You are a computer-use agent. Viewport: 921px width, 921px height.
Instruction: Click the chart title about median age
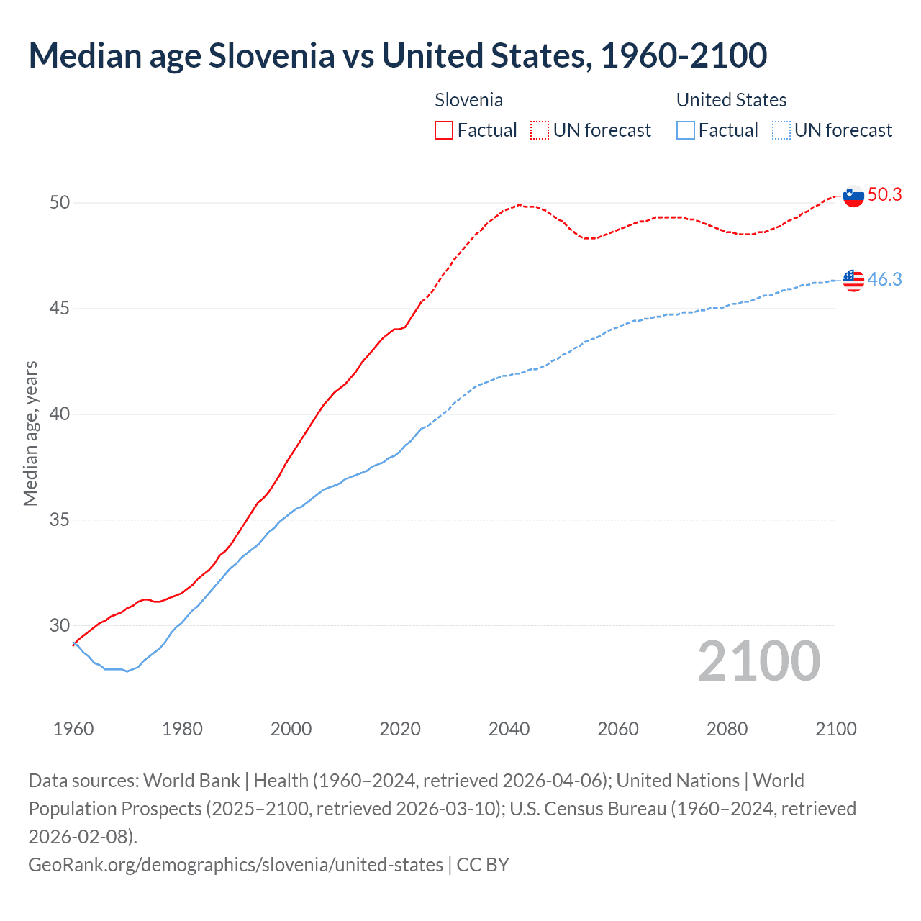397,55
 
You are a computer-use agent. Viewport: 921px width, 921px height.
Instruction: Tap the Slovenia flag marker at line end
853,196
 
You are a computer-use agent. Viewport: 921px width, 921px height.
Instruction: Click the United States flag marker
853,280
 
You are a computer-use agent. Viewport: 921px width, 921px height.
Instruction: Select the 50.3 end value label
884,194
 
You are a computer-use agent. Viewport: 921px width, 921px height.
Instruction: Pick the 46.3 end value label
884,279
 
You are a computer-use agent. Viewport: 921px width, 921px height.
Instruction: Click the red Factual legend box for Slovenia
444,130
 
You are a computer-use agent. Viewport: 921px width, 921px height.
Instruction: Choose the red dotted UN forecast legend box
540,130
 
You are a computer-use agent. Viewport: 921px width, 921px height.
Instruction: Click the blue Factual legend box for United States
686,130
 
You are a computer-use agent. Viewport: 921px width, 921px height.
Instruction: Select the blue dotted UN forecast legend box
781,130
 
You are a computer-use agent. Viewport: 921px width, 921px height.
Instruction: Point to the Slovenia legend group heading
468,100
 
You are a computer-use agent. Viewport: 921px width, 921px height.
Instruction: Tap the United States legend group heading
731,100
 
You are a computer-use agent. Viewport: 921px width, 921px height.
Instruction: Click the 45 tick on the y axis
60,309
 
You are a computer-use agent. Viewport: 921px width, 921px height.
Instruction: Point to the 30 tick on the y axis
60,625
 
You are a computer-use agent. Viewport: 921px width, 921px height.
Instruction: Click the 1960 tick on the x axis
73,729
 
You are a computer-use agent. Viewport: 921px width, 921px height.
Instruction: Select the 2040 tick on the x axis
509,729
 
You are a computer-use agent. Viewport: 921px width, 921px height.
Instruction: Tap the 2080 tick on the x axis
727,729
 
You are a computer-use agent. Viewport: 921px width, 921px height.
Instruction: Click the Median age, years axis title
30,434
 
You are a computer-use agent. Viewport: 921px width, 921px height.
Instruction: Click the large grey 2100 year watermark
758,661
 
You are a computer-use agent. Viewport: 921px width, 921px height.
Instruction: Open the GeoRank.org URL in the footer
235,864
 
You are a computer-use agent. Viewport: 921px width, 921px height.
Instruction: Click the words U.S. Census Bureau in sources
588,809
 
